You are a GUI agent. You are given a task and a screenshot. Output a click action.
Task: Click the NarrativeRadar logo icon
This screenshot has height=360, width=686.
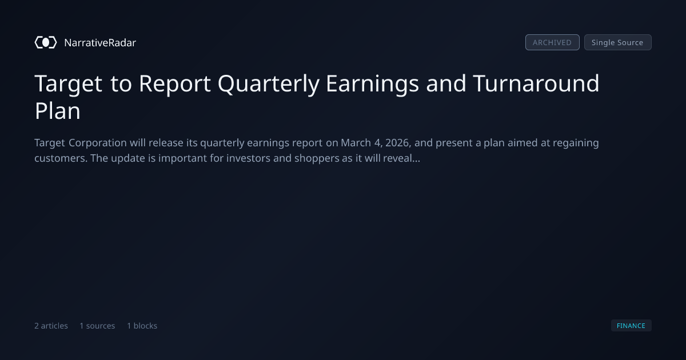click(46, 42)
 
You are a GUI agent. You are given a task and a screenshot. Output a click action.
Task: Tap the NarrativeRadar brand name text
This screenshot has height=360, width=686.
click(100, 42)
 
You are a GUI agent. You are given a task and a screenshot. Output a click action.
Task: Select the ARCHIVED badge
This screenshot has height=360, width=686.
click(552, 42)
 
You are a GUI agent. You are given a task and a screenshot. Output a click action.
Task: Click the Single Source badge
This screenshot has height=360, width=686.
click(618, 42)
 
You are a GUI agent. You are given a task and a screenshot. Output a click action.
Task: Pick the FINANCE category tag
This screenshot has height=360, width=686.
click(631, 325)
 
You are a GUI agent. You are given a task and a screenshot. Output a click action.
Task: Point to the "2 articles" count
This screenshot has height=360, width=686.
click(51, 326)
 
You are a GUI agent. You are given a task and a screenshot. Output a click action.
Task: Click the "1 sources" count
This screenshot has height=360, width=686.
click(97, 326)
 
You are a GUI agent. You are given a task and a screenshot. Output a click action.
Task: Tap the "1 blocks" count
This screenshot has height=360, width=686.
click(142, 326)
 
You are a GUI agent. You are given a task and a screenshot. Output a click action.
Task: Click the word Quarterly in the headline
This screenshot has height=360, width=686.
click(269, 84)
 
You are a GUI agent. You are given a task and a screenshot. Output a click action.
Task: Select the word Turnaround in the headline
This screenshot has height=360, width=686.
click(536, 83)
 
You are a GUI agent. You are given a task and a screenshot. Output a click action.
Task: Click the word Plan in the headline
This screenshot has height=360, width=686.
click(58, 111)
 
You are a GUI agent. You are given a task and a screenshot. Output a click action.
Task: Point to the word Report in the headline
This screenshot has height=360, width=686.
click(174, 84)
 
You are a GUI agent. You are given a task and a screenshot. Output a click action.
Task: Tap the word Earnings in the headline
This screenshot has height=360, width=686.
click(372, 84)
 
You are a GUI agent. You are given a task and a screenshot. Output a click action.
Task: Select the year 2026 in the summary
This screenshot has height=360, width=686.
click(398, 143)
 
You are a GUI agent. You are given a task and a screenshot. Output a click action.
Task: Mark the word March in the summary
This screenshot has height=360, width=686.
click(356, 143)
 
